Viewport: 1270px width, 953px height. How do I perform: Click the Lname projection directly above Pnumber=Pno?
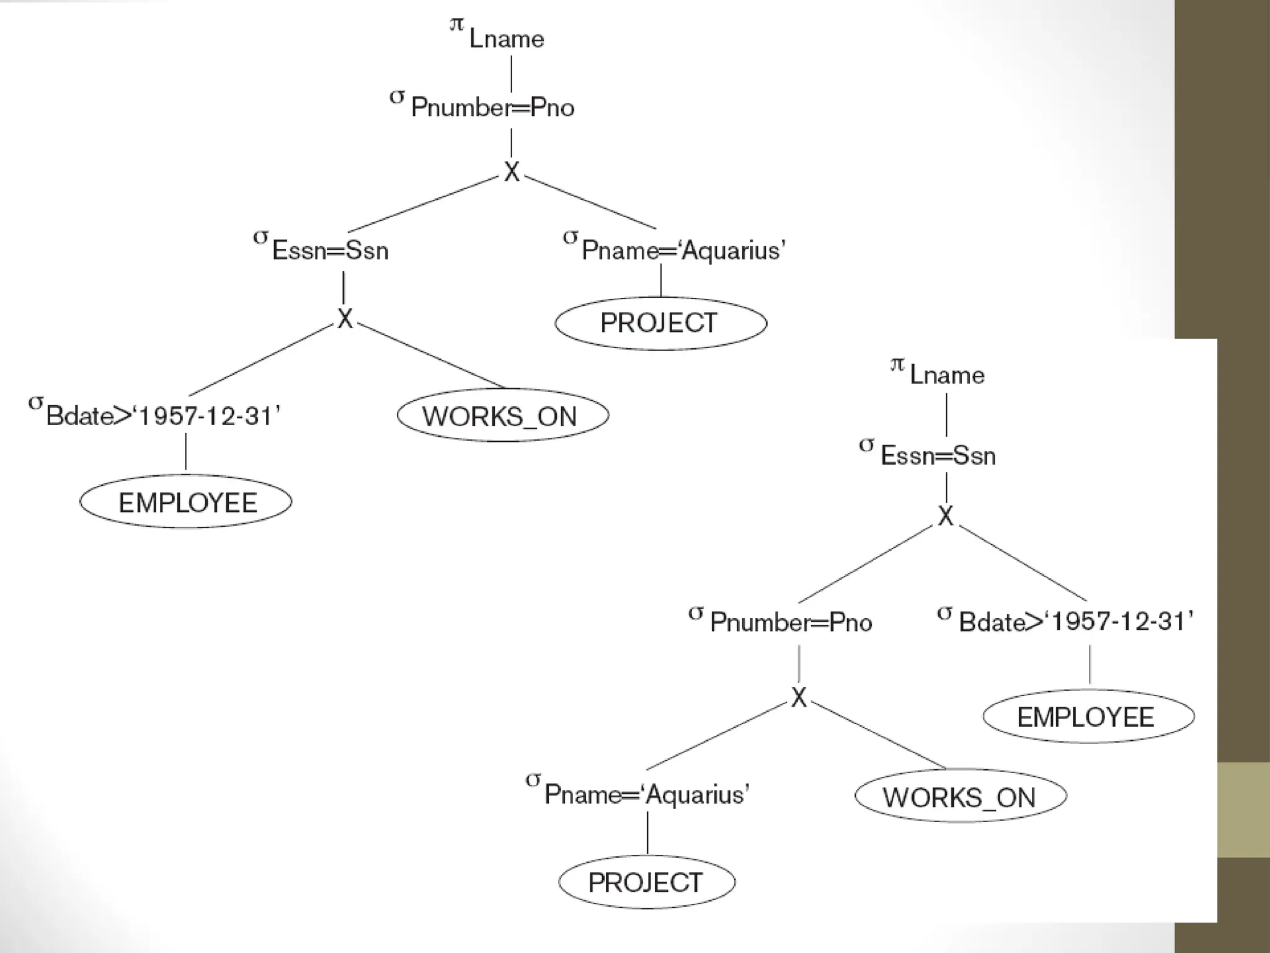click(x=505, y=38)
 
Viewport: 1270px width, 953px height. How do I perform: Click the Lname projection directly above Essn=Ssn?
click(x=946, y=375)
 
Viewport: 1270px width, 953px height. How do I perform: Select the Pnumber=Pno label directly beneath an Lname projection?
click(x=492, y=107)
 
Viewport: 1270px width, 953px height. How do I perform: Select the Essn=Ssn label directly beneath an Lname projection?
click(x=937, y=455)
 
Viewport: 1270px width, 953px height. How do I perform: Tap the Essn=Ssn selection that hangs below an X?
click(x=329, y=250)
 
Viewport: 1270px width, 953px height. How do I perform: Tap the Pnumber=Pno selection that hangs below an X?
click(x=790, y=622)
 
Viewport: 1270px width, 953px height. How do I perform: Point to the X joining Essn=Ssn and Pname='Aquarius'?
click(x=512, y=172)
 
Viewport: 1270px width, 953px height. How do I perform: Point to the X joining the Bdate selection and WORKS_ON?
click(x=345, y=319)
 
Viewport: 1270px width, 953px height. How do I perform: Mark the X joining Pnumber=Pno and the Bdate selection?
click(x=945, y=516)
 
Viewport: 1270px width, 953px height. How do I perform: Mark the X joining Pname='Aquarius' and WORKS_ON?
click(x=799, y=697)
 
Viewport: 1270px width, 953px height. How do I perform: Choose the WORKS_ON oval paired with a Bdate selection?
click(x=502, y=416)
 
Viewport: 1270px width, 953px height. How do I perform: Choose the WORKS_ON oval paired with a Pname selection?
click(x=960, y=797)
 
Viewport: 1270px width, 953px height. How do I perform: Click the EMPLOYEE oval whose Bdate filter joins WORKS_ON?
click(x=186, y=502)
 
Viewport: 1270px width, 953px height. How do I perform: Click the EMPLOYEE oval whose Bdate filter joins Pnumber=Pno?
click(x=1088, y=717)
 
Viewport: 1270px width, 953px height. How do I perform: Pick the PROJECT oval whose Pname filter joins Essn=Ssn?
click(x=660, y=323)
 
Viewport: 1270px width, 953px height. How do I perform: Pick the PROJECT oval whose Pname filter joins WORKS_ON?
click(x=647, y=882)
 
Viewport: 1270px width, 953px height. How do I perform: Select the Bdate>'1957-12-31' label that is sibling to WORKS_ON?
click(x=162, y=416)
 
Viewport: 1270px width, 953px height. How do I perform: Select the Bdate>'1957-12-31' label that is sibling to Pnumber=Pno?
click(x=1075, y=621)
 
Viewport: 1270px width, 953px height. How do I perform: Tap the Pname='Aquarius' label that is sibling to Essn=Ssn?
click(x=683, y=250)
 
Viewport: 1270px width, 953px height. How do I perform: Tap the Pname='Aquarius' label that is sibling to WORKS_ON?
click(x=646, y=794)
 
